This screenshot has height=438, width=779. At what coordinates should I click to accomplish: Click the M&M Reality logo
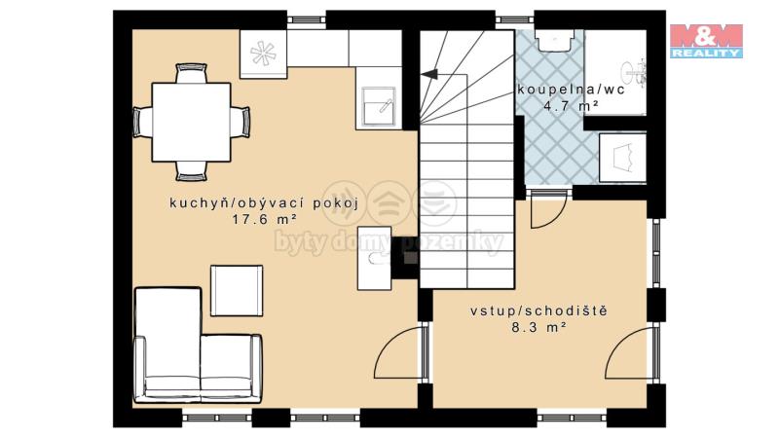click(706, 41)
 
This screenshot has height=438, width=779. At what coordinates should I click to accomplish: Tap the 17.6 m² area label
click(264, 219)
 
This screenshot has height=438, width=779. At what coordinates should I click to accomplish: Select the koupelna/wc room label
click(571, 90)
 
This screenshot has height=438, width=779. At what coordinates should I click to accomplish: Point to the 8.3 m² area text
click(539, 327)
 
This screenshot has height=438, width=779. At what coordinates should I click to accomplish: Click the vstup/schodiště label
click(539, 311)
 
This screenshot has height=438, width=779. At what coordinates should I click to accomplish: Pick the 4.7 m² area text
click(570, 106)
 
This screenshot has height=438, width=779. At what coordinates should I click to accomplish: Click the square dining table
click(191, 123)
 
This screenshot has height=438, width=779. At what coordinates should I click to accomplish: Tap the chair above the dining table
click(191, 73)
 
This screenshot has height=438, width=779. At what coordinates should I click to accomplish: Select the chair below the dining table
click(191, 171)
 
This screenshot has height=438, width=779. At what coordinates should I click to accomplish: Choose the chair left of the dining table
click(142, 122)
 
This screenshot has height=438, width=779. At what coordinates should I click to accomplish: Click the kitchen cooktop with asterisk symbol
click(263, 54)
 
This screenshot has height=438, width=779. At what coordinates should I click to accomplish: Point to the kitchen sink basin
click(379, 105)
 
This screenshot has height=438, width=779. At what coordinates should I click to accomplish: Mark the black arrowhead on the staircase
click(429, 75)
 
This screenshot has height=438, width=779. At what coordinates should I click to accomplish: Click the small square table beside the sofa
click(237, 290)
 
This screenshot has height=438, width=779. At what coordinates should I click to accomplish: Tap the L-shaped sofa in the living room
click(198, 346)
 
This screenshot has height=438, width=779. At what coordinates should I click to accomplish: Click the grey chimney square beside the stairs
click(410, 257)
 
